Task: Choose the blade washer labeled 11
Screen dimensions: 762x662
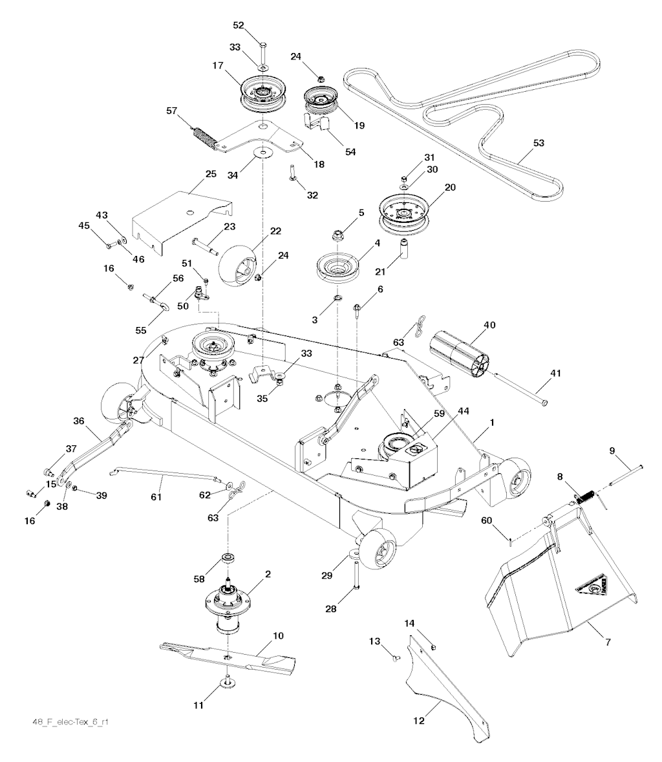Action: (x=229, y=684)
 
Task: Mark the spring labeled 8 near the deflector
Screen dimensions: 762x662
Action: (x=584, y=497)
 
